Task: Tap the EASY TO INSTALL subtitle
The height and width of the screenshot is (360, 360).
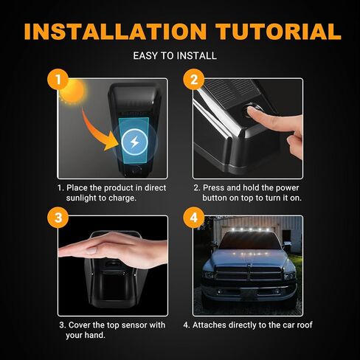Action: (179, 56)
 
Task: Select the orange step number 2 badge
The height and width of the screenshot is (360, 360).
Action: (193, 80)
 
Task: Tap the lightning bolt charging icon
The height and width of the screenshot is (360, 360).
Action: (134, 142)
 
